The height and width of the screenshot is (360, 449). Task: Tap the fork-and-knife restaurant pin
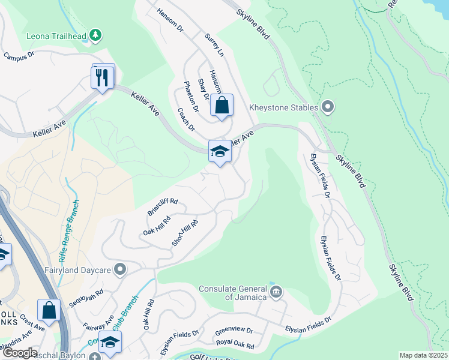click(102, 77)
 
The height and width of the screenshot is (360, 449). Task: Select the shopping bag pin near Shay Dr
click(221, 105)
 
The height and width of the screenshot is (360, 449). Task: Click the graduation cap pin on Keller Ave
click(220, 151)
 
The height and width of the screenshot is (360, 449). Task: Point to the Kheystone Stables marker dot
click(327, 107)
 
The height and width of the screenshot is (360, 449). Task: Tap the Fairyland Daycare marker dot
click(121, 269)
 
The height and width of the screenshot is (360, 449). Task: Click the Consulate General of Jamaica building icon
click(276, 293)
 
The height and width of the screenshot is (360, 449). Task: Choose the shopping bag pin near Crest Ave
click(49, 310)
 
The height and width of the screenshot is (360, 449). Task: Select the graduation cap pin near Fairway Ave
click(110, 341)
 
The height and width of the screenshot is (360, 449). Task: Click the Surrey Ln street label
click(214, 46)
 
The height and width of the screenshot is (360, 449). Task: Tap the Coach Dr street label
click(186, 119)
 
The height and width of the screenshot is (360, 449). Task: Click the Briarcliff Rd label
click(163, 208)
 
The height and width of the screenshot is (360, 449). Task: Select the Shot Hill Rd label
click(184, 232)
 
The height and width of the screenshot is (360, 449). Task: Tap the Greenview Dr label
click(234, 331)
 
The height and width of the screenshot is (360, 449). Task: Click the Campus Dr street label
click(20, 56)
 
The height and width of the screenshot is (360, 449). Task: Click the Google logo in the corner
click(19, 353)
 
